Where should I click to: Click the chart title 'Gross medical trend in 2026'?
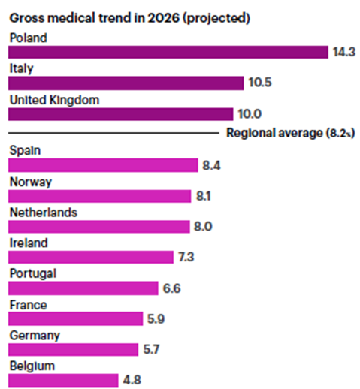(x=95, y=18)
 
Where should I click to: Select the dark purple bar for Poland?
(x=168, y=52)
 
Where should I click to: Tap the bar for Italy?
(x=126, y=83)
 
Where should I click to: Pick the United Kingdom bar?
(x=121, y=114)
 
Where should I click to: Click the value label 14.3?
(x=344, y=52)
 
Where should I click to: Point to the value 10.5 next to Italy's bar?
(x=260, y=83)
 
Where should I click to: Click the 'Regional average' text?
(x=274, y=133)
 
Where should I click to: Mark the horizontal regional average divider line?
(x=113, y=133)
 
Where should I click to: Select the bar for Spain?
(x=103, y=165)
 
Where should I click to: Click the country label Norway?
(x=31, y=182)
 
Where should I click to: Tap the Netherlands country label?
(x=44, y=213)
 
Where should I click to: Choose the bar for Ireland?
(x=91, y=257)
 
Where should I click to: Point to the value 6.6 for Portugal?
(x=171, y=288)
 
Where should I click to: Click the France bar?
(x=75, y=318)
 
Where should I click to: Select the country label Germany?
(x=35, y=336)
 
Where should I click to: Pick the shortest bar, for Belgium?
(x=63, y=381)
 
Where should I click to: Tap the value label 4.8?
(x=132, y=380)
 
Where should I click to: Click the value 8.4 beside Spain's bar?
(x=211, y=165)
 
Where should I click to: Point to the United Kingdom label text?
(x=54, y=100)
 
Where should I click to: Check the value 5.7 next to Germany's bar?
(x=151, y=349)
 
